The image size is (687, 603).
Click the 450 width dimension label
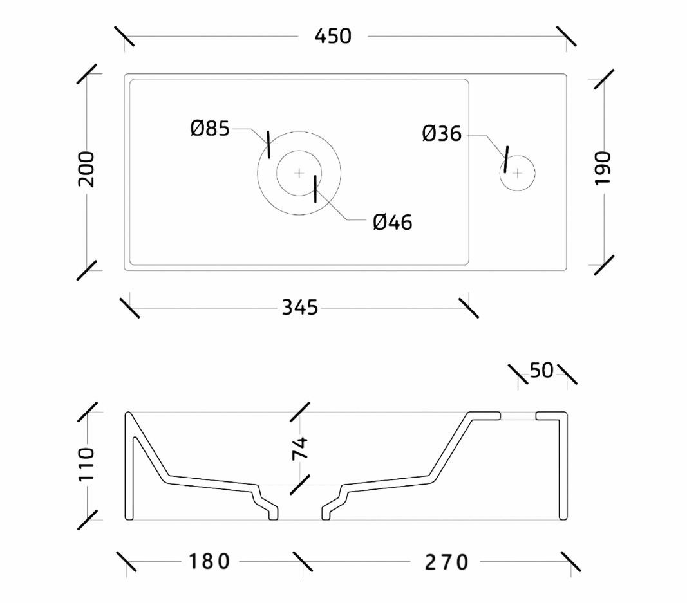(x=333, y=36)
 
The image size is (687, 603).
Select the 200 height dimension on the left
(x=86, y=169)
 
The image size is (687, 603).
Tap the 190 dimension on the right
(x=603, y=168)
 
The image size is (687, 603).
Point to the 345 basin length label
(x=299, y=308)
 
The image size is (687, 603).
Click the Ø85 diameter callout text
(x=210, y=129)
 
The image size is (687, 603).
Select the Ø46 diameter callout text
(x=393, y=223)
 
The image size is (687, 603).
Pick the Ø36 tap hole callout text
(x=442, y=134)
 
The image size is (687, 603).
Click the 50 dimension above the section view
(x=541, y=371)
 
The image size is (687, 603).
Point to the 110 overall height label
(x=86, y=464)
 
